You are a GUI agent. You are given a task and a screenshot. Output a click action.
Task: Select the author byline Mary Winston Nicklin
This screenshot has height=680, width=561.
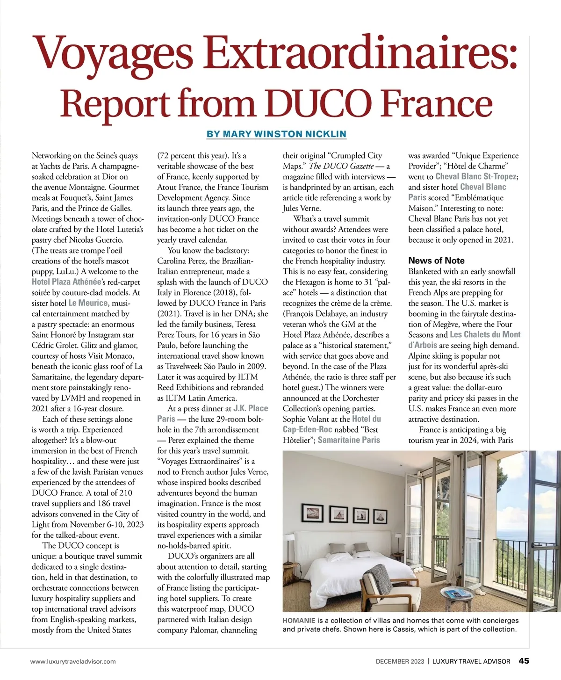[276, 134]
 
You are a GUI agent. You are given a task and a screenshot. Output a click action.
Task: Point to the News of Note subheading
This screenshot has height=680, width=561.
[436, 260]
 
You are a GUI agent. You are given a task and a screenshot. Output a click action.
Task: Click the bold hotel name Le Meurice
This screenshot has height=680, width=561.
[88, 303]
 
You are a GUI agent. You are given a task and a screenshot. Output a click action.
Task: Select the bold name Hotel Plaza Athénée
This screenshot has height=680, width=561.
[66, 282]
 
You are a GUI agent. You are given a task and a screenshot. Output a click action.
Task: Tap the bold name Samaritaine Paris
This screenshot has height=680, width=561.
[349, 440]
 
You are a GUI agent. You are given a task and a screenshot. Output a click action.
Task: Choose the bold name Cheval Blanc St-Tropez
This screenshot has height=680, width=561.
[476, 177]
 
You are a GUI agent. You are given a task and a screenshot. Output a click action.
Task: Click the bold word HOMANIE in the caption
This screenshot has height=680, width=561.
[299, 621]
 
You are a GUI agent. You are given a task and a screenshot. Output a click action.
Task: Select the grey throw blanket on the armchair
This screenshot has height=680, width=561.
[378, 575]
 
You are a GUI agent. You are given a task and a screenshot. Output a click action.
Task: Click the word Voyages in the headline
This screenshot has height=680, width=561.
[111, 52]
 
